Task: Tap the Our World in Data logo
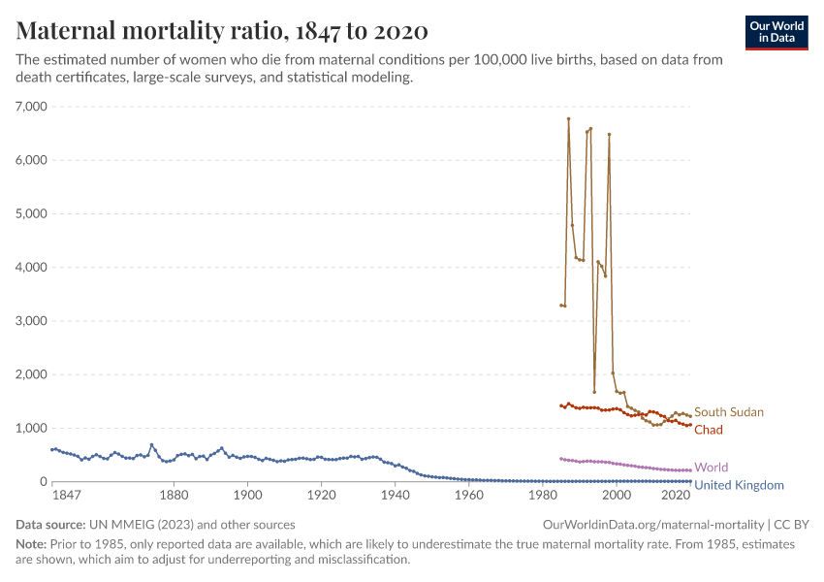[776, 32]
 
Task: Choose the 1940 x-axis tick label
[395, 495]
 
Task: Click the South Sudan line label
[728, 412]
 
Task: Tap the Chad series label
[709, 430]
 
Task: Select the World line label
[711, 468]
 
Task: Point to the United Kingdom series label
[739, 485]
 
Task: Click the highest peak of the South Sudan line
[568, 118]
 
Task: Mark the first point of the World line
[560, 459]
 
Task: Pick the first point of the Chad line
[560, 405]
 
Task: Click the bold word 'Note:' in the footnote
[33, 544]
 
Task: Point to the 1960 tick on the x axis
[468, 495]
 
